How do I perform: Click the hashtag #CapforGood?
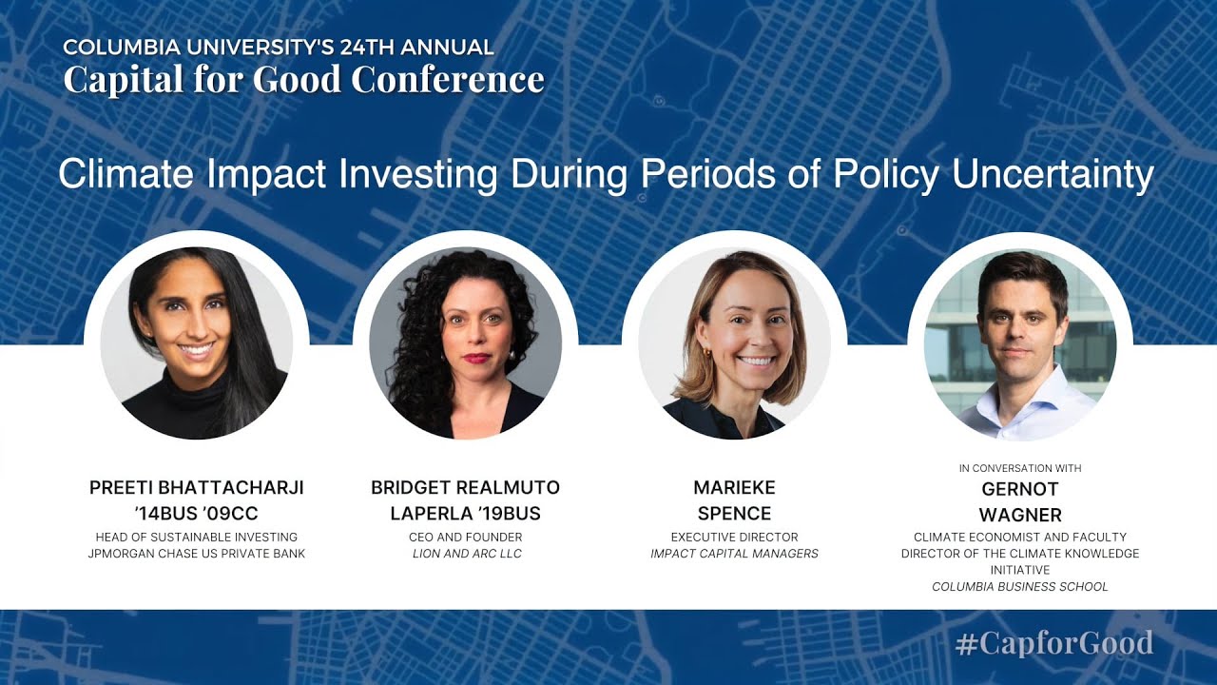[1054, 643]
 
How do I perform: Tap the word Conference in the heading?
[448, 79]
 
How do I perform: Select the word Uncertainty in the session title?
[1053, 175]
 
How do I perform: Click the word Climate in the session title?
[126, 174]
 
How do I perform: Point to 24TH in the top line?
[367, 48]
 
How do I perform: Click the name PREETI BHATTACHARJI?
[196, 488]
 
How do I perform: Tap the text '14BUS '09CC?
[196, 513]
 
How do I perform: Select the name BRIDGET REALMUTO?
[466, 488]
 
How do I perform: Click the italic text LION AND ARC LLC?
[467, 554]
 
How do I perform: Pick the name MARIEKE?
[735, 488]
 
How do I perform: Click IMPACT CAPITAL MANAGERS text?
[735, 554]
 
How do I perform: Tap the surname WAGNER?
[1020, 515]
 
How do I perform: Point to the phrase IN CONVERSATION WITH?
[1020, 468]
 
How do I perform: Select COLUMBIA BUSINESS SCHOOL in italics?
[1020, 587]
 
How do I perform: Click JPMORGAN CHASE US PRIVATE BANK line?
[197, 554]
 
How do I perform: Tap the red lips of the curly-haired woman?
[476, 359]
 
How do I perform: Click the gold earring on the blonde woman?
[706, 353]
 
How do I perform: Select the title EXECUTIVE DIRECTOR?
[735, 538]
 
